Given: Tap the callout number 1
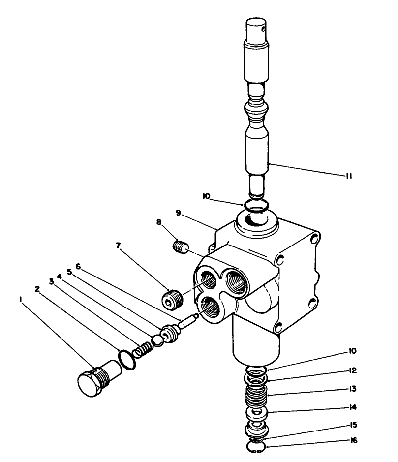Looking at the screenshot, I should click(x=20, y=299).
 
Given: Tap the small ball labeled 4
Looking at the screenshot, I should click(x=157, y=340).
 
